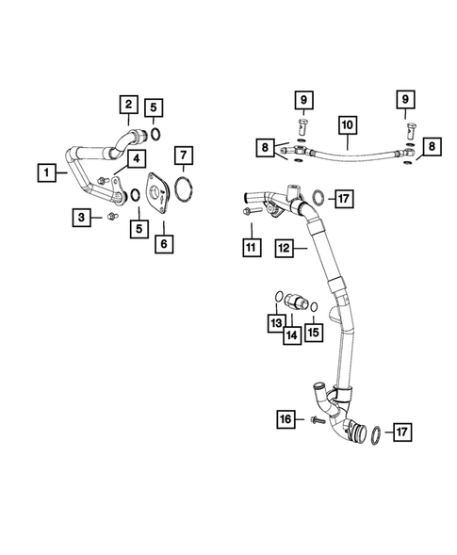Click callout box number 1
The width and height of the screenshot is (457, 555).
[x=44, y=171]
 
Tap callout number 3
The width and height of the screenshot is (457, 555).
[x=84, y=218]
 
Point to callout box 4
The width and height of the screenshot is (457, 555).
[x=137, y=158]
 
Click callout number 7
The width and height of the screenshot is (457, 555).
[x=185, y=154]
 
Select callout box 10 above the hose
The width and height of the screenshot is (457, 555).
[x=346, y=122]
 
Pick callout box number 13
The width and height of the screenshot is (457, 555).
[x=274, y=323]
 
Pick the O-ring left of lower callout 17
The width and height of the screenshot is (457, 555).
[x=374, y=433]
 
